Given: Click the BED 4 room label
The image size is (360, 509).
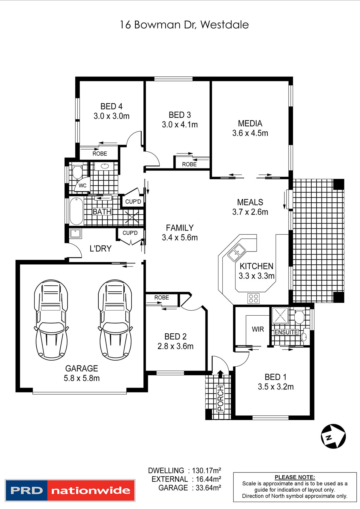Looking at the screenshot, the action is point(111,106).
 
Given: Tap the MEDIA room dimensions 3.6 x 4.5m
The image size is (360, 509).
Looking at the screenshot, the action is point(250,133).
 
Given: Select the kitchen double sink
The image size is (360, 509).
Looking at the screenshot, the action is point(237,252).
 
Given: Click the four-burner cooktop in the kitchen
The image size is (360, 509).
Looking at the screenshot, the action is point(253,298).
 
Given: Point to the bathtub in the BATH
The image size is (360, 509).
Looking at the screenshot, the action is point(76,211).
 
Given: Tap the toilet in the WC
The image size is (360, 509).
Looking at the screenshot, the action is point(77,172).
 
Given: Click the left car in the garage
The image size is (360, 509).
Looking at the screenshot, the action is point(51,320).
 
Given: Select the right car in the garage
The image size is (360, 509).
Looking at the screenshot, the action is point(115,320).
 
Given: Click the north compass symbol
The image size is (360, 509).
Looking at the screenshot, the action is point(333,436).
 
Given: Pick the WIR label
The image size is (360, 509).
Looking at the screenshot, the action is point(258,329).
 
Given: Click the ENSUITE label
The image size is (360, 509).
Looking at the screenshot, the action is point(286,332).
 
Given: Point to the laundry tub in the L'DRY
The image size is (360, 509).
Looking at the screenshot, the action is point(76,234).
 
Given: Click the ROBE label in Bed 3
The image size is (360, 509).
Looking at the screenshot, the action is point(189,164).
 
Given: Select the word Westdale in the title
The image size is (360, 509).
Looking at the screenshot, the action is point(224,25).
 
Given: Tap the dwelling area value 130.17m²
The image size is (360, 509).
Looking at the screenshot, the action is point(206,470).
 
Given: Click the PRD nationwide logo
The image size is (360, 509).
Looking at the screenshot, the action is point(70,491).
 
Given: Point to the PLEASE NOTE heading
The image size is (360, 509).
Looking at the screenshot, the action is point(295,477).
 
